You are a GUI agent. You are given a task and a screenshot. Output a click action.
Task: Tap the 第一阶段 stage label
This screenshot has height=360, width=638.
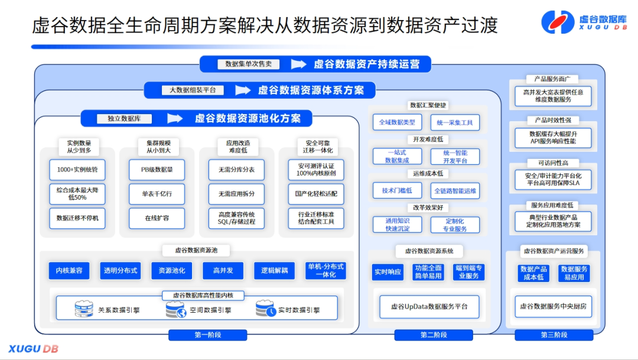point(207,335)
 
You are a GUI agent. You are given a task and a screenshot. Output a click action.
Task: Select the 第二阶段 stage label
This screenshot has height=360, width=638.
point(434,335)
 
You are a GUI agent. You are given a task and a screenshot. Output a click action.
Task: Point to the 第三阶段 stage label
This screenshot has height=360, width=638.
point(554,335)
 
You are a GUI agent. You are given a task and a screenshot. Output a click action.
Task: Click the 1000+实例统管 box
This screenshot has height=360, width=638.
point(77,170)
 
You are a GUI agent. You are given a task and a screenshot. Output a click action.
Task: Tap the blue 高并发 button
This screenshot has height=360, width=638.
point(223,271)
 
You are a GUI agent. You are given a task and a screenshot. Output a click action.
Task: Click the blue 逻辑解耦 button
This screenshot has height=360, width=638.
point(274,271)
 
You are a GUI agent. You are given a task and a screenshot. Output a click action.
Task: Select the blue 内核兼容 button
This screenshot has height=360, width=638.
point(69,271)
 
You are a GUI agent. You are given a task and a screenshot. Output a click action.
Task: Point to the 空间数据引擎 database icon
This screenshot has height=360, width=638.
point(175,309)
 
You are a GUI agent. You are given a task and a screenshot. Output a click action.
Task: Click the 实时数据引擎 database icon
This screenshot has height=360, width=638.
point(265,309)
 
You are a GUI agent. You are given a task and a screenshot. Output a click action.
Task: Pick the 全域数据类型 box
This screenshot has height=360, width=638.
point(397,122)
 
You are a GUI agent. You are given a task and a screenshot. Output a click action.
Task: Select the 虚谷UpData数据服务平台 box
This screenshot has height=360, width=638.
point(429,306)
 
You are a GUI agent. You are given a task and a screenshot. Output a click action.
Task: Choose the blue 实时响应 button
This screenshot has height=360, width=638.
point(388,272)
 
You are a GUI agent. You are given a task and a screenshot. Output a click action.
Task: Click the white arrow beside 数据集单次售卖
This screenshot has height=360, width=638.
point(299,64)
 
